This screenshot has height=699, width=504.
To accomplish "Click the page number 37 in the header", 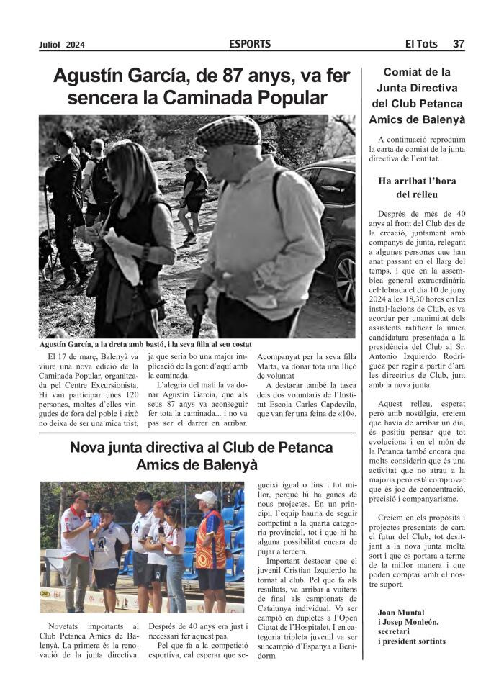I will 458,44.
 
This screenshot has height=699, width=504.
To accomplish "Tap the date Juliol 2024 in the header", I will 62,45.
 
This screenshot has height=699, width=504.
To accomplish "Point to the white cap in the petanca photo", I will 207,496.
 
